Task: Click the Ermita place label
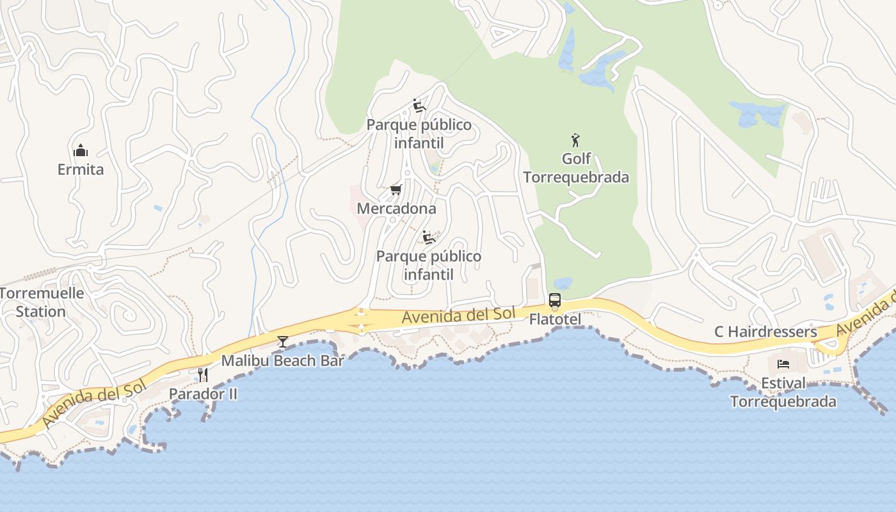pos(81,170)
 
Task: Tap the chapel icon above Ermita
pos(81,151)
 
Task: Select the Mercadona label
pos(396,209)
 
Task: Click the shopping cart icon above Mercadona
pos(396,190)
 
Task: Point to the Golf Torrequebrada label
pos(576,168)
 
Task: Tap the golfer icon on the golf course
pos(575,140)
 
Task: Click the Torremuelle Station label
pos(42,303)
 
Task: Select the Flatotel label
pos(555,319)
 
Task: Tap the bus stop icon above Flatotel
pos(555,300)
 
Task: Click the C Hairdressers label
pos(765,332)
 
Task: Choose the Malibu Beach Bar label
pos(283,360)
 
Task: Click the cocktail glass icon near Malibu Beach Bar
pos(283,342)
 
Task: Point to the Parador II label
pos(203,394)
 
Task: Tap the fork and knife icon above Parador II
pos(203,375)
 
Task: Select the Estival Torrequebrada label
pos(783,392)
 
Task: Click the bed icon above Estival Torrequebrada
pos(783,365)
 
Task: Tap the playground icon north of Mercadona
pos(419,106)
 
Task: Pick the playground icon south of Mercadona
pos(429,237)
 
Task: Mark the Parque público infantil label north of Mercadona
pos(419,134)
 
